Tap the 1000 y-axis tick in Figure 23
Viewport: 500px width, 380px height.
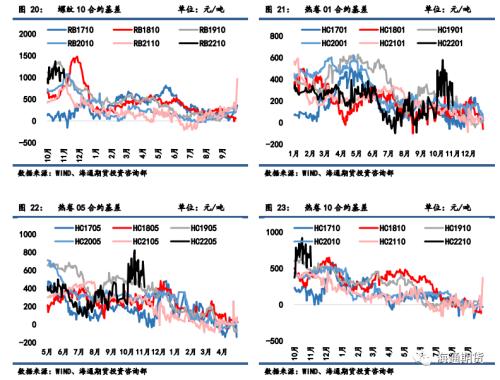(275, 231)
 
